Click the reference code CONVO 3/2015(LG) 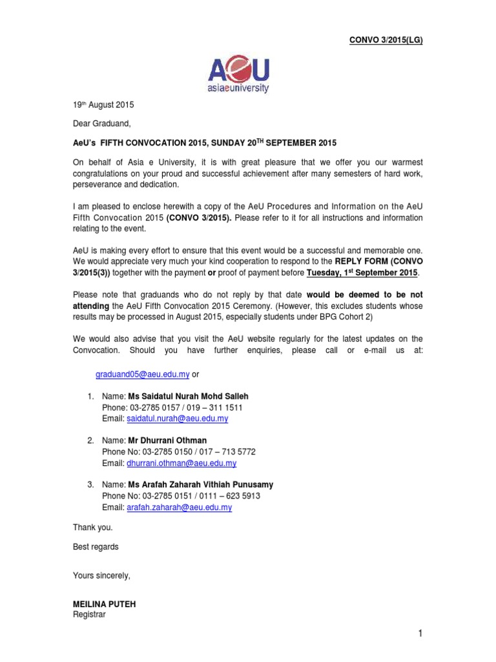coord(386,40)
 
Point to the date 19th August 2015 coord(103,104)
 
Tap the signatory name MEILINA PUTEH coord(104,604)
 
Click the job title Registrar coord(89,615)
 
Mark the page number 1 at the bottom coord(420,635)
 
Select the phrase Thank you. coord(92,528)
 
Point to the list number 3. coord(90,485)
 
